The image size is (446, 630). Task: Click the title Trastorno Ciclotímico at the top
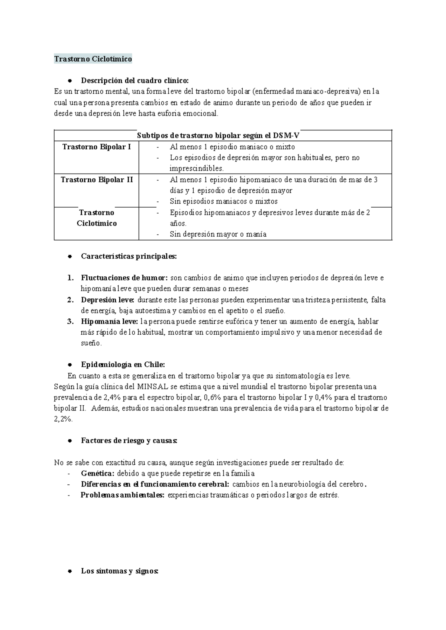click(93, 59)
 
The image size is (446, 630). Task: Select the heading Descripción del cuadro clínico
click(135, 80)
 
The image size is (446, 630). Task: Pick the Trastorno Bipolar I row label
click(97, 147)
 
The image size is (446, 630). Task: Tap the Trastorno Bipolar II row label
click(97, 180)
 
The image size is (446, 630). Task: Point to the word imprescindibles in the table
click(197, 168)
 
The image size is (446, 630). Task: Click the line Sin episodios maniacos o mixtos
click(224, 201)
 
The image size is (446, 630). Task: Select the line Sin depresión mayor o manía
click(218, 234)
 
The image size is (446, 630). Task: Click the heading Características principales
click(129, 256)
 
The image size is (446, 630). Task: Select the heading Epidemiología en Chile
click(123, 364)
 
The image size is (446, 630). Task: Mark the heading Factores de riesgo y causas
click(129, 441)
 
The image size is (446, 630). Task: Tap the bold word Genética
click(97, 474)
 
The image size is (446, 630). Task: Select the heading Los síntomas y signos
click(120, 571)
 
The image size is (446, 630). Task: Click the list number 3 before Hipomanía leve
click(70, 321)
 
